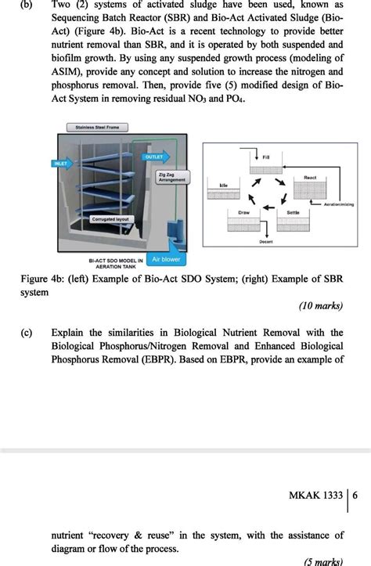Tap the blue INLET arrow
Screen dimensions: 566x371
click(62, 164)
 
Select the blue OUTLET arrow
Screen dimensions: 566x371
click(154, 157)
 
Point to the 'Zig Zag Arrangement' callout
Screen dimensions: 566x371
click(172, 177)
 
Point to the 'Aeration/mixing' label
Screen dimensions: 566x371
click(338, 204)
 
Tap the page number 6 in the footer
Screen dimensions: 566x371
click(355, 496)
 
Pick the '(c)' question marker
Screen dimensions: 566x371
click(16, 333)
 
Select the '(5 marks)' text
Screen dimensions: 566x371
click(323, 561)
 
